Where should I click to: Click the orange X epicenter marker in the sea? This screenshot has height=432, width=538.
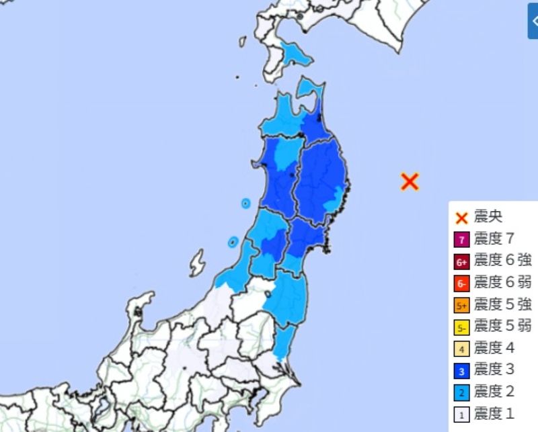click(410, 181)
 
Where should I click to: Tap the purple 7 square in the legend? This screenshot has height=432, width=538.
click(461, 239)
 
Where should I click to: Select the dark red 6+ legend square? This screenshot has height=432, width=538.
click(461, 261)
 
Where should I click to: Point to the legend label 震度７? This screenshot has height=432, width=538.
click(494, 239)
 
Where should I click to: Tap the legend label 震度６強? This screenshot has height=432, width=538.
click(502, 261)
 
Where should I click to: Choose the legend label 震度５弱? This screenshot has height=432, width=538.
click(502, 327)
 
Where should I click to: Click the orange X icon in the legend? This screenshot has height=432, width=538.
click(461, 217)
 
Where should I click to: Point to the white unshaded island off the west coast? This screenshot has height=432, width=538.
click(196, 263)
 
